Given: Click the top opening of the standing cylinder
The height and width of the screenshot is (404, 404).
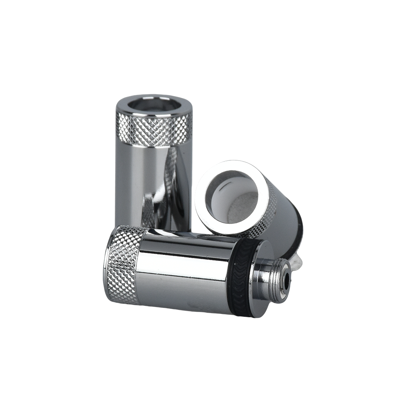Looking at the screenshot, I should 154,105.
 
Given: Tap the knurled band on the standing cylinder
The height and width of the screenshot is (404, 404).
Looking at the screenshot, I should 153,129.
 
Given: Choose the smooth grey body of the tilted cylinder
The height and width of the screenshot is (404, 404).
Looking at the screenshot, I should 285,210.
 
